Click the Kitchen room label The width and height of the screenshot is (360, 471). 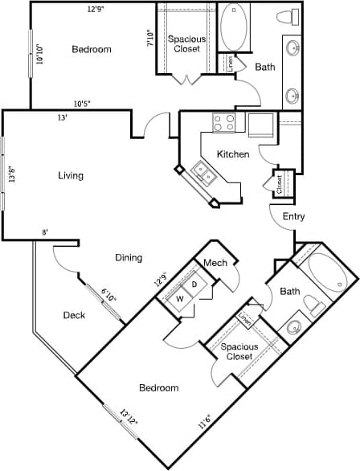[233, 154]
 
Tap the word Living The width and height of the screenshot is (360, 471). [71, 175]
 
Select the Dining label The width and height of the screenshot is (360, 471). [129, 258]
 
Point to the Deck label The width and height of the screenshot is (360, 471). [74, 315]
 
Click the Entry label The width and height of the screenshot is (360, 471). [293, 216]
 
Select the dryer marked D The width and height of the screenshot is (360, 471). [194, 285]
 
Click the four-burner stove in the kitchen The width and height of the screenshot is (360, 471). [223, 123]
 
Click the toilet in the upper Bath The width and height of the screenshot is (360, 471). [288, 17]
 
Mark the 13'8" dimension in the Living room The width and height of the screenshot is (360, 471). [11, 176]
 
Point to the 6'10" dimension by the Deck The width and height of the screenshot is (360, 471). [108, 297]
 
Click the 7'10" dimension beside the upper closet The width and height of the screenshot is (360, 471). [149, 39]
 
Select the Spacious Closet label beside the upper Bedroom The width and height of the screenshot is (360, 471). [186, 44]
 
